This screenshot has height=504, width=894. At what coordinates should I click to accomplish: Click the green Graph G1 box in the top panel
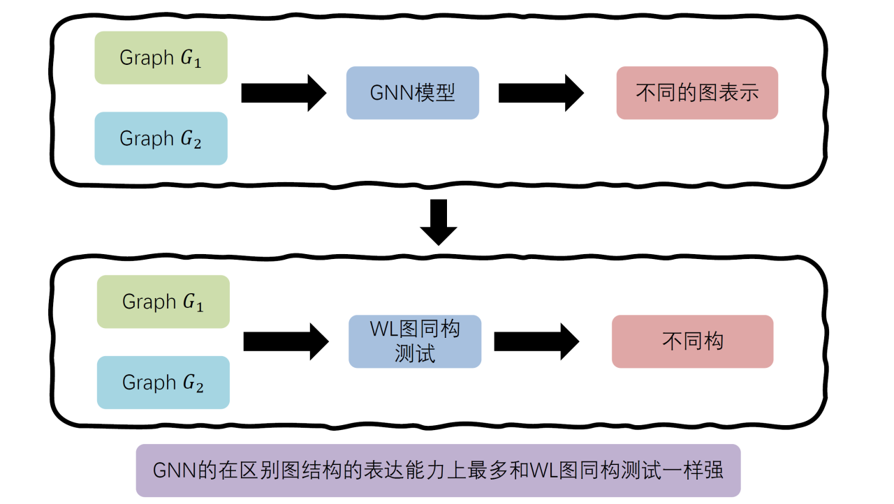click(x=161, y=58)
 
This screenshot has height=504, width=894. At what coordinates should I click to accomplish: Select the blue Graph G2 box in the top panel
click(x=161, y=138)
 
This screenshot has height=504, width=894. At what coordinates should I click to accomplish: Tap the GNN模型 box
click(x=412, y=93)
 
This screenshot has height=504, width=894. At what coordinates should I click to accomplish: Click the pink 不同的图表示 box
click(x=696, y=93)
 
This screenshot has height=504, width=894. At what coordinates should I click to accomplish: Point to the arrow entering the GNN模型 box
click(x=283, y=93)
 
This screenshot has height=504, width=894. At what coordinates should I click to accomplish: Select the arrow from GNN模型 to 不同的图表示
click(x=541, y=93)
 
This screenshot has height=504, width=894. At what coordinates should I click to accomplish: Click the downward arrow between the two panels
click(x=439, y=222)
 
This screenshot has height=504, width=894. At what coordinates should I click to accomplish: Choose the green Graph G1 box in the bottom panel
click(x=163, y=302)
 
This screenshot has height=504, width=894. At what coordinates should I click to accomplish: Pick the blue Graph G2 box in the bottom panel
click(x=163, y=383)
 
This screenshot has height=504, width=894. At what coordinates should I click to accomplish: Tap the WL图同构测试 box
click(x=415, y=341)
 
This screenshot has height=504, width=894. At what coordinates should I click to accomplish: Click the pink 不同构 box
click(x=692, y=341)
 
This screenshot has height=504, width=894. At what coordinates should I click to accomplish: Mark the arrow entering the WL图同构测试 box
click(x=285, y=341)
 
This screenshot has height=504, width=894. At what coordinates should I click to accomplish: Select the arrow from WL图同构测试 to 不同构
click(x=536, y=341)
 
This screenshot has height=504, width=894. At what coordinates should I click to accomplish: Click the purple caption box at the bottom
click(x=438, y=470)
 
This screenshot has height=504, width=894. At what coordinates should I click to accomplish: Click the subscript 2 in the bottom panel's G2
click(x=200, y=388)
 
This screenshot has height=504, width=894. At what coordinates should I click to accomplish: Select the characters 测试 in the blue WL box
click(x=415, y=354)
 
